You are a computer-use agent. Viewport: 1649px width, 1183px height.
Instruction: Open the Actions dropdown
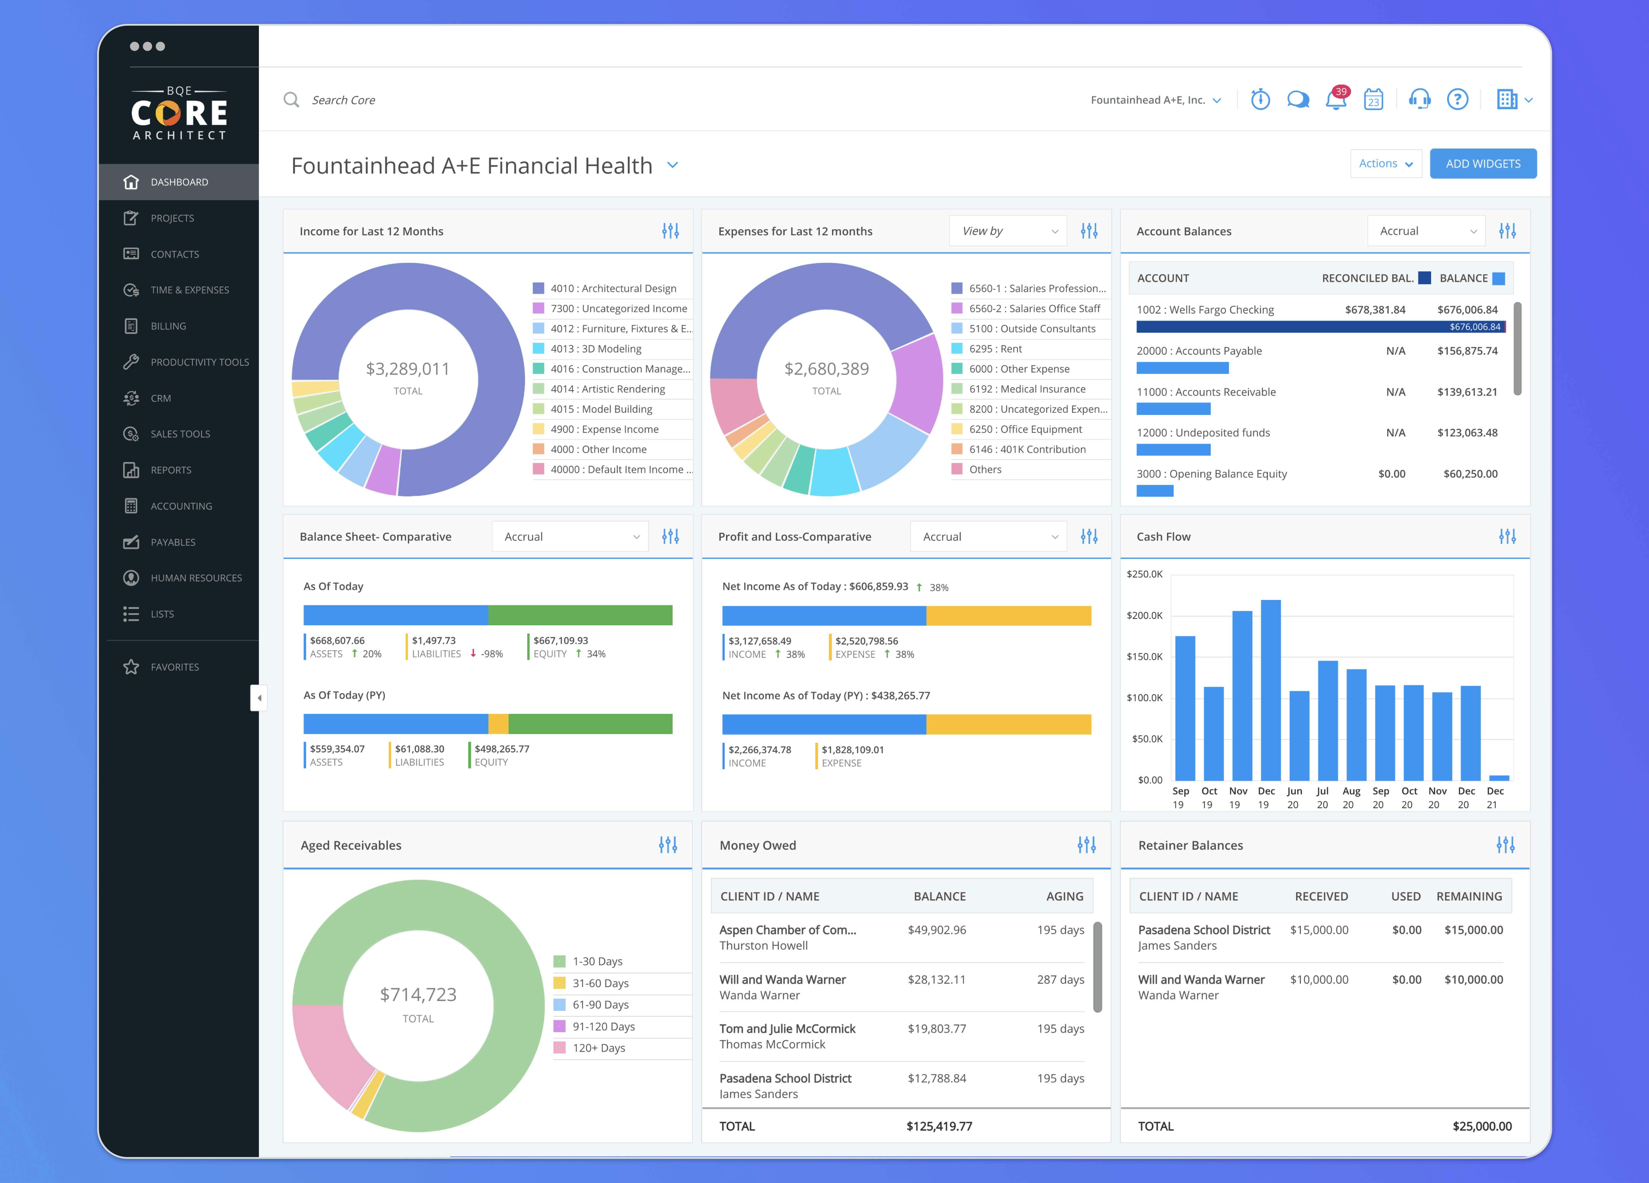coord(1385,164)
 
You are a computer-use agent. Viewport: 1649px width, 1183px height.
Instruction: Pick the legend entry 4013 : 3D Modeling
coord(596,349)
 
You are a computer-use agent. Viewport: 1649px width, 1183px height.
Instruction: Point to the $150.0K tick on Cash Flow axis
coord(1144,657)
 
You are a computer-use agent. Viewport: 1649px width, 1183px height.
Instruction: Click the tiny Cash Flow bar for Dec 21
coord(1498,777)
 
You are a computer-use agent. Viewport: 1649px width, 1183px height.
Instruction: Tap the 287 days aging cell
coord(1060,979)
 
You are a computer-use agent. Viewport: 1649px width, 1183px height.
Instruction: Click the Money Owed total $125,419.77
coord(939,1126)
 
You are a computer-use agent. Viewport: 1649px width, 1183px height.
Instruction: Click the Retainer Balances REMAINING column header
coord(1469,897)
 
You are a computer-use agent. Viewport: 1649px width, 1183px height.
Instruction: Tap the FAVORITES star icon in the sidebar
coord(131,667)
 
